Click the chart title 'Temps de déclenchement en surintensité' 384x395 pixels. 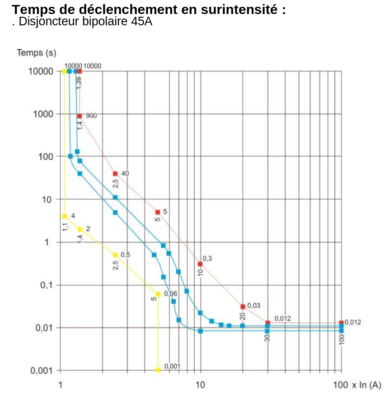point(149,10)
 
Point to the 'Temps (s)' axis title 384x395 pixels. point(37,53)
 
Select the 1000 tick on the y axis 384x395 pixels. point(43,114)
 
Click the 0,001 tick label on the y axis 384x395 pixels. point(42,371)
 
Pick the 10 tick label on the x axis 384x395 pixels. point(200,385)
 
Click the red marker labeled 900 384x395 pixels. point(80,116)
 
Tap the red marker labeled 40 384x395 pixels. point(115,174)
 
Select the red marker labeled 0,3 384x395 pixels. point(200,264)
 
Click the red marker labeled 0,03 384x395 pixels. point(243,307)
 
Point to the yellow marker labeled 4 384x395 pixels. point(65,216)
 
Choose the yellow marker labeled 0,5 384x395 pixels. point(115,255)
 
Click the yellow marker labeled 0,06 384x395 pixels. point(158,294)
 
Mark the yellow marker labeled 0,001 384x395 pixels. point(158,370)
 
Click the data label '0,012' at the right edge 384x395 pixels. point(353,322)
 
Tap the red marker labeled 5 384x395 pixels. point(158,212)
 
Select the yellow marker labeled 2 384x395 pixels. point(80,229)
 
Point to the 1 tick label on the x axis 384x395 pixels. point(61,385)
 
